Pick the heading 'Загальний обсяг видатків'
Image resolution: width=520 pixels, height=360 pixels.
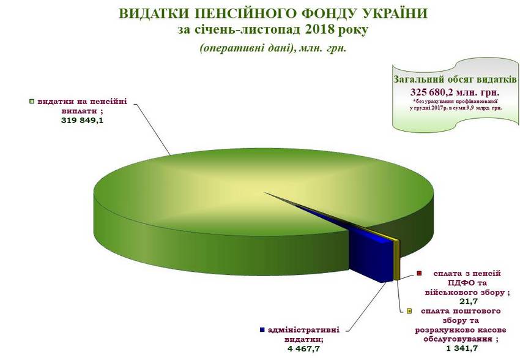pyautogui.click(x=455, y=80)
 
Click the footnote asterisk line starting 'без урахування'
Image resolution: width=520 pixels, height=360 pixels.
pyautogui.click(x=456, y=100)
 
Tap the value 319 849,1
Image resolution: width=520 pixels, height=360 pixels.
pyautogui.click(x=82, y=121)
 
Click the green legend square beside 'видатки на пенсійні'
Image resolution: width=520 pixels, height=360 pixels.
pyautogui.click(x=32, y=102)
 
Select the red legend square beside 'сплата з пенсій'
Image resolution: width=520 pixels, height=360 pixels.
pyautogui.click(x=418, y=274)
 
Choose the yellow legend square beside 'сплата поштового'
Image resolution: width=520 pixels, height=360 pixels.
pyautogui.click(x=409, y=311)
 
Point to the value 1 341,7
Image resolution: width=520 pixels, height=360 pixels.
pyautogui.click(x=464, y=348)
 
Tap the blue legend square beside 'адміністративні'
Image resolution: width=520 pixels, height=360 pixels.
pyautogui.click(x=262, y=330)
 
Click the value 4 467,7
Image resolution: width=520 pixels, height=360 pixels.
pyautogui.click(x=304, y=349)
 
